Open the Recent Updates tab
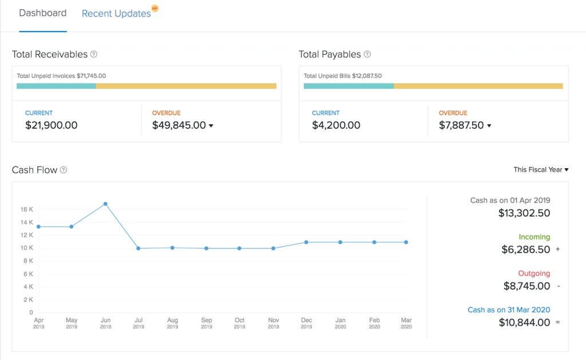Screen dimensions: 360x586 (116, 14)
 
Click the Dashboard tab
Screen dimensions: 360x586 (43, 13)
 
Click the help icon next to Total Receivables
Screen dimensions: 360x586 (94, 54)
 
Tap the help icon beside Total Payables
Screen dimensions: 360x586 (367, 54)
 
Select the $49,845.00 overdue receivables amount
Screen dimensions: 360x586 (179, 125)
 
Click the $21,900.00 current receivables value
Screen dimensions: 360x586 (52, 125)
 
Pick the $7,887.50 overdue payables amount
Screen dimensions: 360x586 (461, 125)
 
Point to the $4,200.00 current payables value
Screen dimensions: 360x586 (336, 125)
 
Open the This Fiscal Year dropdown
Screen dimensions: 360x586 (541, 169)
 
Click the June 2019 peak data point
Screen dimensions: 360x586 (105, 204)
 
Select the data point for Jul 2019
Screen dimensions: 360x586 (138, 248)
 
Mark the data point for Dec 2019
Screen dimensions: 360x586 (307, 242)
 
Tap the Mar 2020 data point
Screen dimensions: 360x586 (406, 242)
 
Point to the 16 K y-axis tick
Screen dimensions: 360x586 (26, 209)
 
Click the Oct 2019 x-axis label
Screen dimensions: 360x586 (240, 323)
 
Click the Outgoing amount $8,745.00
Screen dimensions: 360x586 (526, 286)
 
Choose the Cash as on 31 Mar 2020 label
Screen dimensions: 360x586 (509, 310)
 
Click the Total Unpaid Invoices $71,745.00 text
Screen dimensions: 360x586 (61, 76)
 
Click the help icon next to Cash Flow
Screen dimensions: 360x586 (64, 170)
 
